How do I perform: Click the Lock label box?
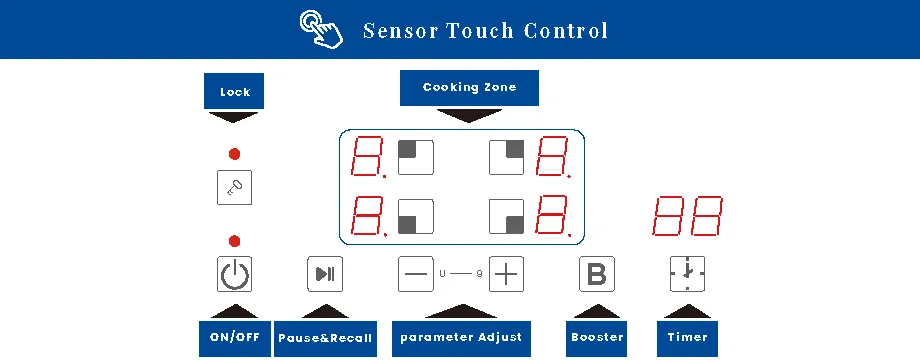pos(235,92)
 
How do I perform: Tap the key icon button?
pos(234,188)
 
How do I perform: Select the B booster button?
pos(597,274)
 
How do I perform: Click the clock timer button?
pos(687,274)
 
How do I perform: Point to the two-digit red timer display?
pos(687,216)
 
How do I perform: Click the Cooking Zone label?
pos(469,88)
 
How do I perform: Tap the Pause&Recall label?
pos(325,338)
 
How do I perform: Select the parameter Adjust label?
pos(461,337)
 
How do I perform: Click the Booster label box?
pos(597,338)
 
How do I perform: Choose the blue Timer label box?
pos(687,338)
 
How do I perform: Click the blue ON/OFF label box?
pos(235,338)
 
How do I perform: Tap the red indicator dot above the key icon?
pos(234,154)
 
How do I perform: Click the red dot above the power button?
pos(234,240)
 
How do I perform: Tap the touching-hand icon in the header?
pos(321,29)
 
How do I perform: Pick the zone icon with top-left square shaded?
pos(416,158)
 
